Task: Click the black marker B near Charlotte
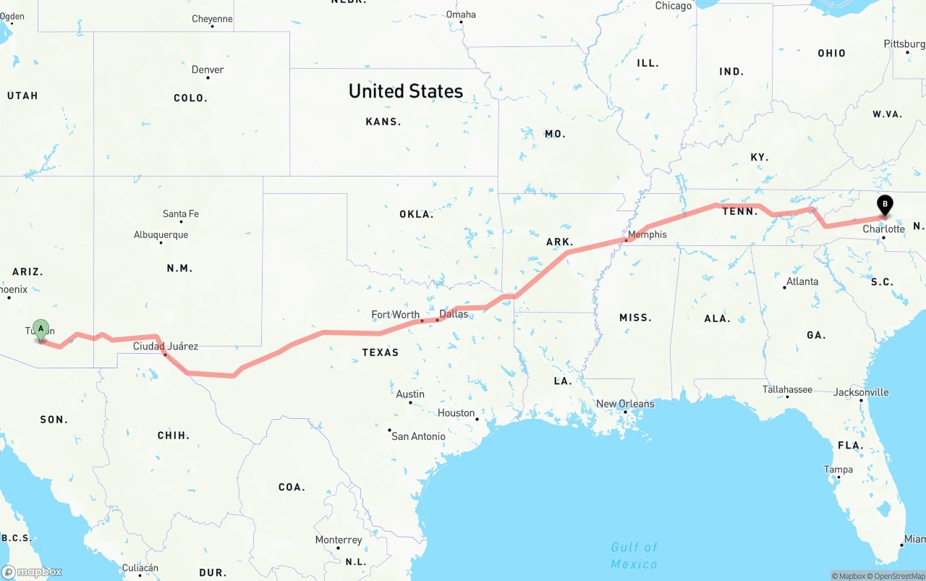(x=884, y=205)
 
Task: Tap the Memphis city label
(x=647, y=234)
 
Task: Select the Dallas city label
(x=454, y=314)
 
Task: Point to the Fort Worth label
(x=395, y=315)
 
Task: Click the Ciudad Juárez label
(x=165, y=347)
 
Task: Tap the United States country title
(x=405, y=91)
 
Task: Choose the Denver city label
(x=208, y=70)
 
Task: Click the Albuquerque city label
(x=161, y=234)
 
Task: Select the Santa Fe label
(x=180, y=213)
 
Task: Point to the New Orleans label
(x=625, y=404)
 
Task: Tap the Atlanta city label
(x=802, y=281)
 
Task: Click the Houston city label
(x=456, y=413)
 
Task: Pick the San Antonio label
(x=418, y=436)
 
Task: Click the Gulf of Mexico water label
(x=634, y=555)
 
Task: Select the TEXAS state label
(x=380, y=352)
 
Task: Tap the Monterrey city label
(x=338, y=540)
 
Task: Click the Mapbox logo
(x=32, y=572)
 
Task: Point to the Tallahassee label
(x=787, y=389)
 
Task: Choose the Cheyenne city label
(x=212, y=19)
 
